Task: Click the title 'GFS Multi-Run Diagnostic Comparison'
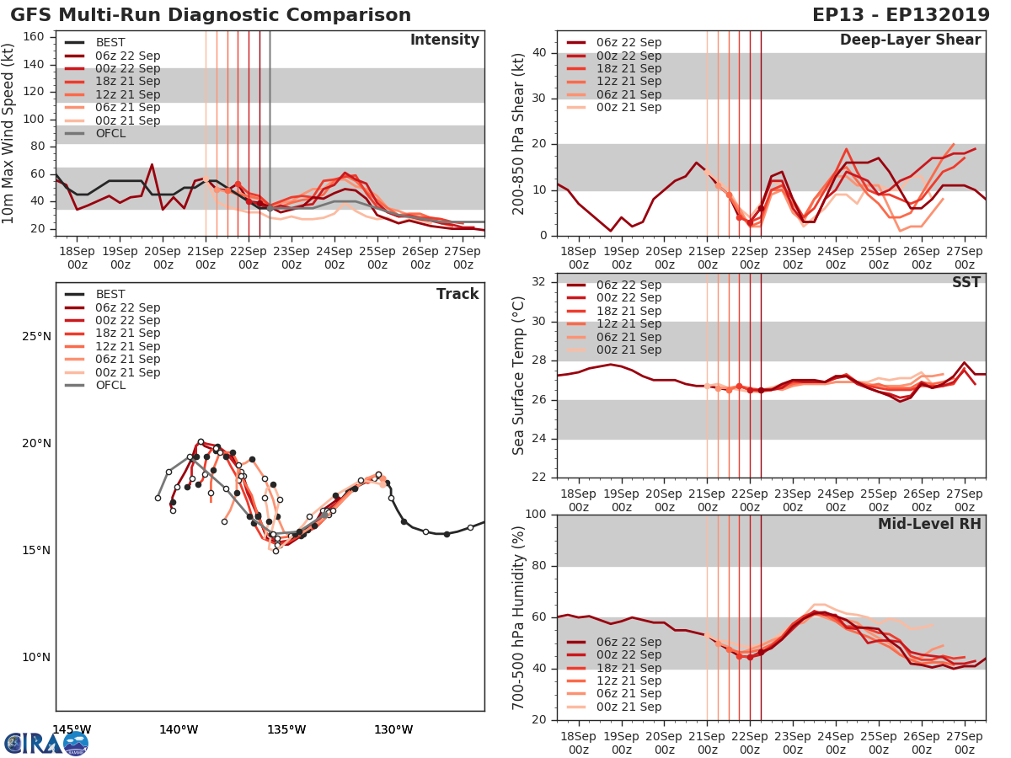[x=211, y=15]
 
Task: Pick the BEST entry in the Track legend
[x=110, y=295]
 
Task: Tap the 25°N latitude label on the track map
[x=35, y=337]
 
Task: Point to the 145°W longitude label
[x=72, y=729]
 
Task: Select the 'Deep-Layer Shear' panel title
[x=910, y=40]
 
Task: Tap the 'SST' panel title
[x=967, y=283]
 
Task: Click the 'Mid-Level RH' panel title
[x=929, y=524]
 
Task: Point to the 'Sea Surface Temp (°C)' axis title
[x=519, y=376]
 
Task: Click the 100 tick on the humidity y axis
[x=537, y=515]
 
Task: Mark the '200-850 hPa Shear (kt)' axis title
[x=519, y=134]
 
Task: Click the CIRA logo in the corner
[x=45, y=743]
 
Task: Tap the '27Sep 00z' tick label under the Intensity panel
[x=463, y=257]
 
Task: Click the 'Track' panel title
[x=457, y=294]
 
